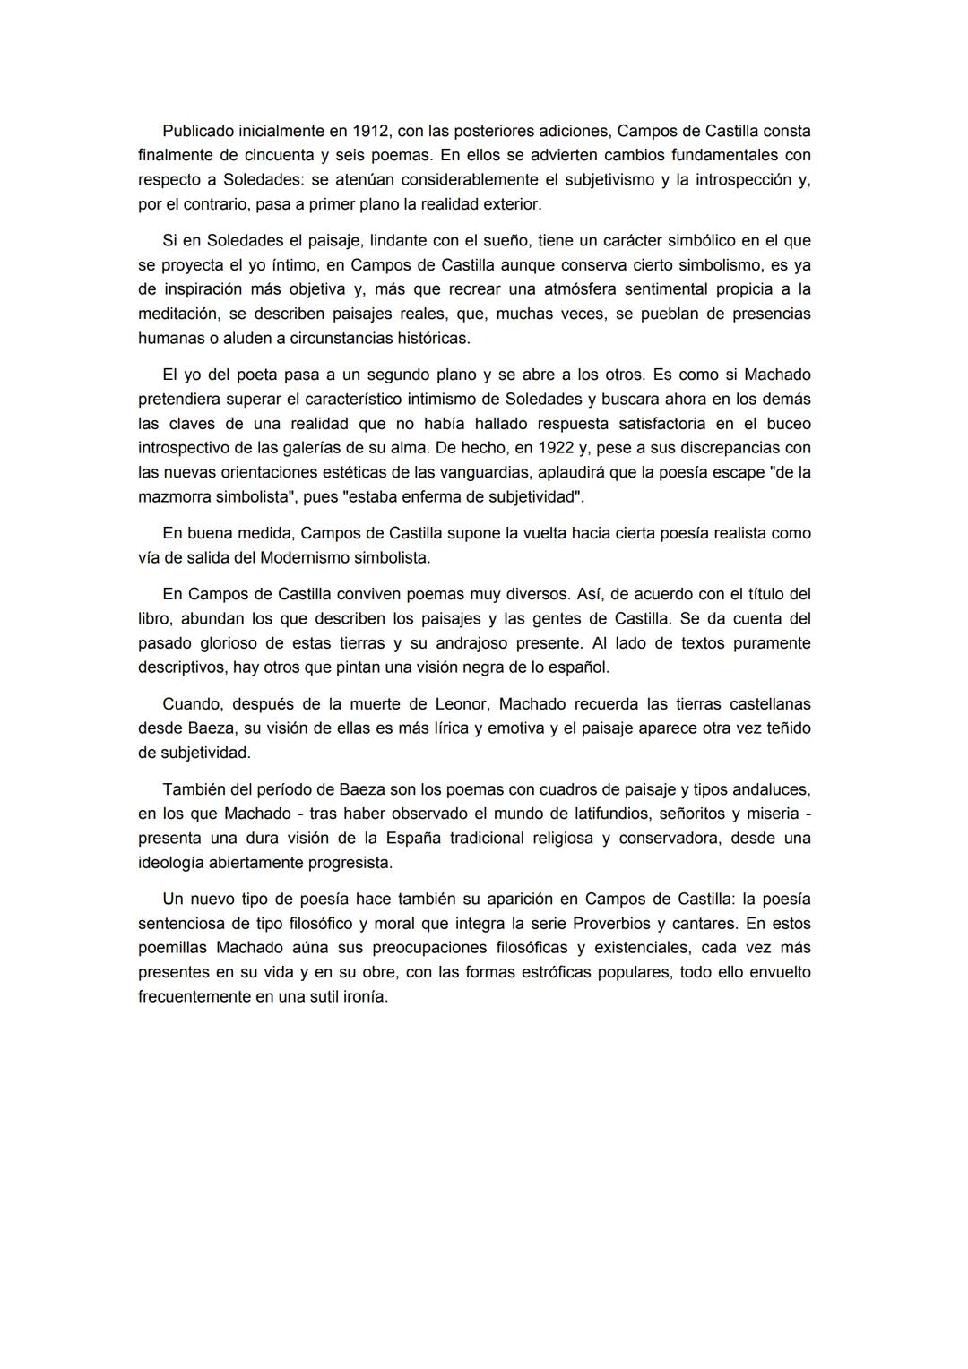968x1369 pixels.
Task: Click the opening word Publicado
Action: pyautogui.click(x=199, y=131)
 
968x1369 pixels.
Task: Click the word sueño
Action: pyautogui.click(x=504, y=240)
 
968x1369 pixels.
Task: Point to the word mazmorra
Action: pyautogui.click(x=173, y=495)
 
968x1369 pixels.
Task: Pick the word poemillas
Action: pyautogui.click(x=173, y=947)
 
